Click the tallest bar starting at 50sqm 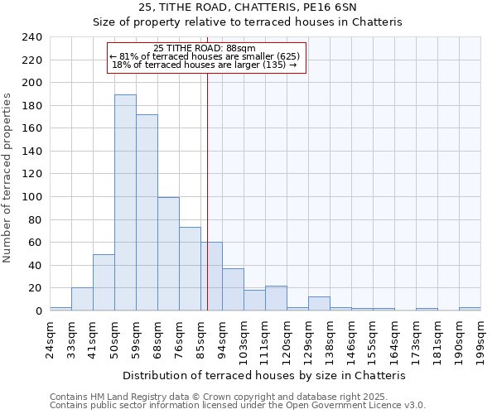125,203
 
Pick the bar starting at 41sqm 104,282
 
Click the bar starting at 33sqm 82,299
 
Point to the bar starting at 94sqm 233,290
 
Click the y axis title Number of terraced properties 7,177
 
